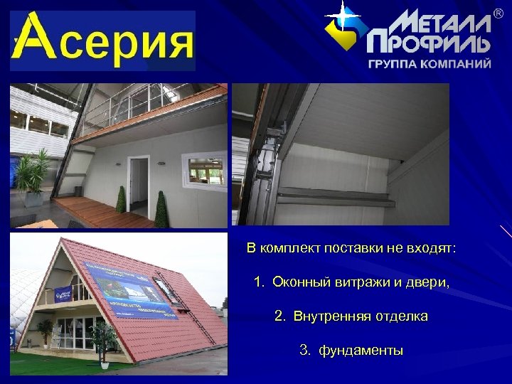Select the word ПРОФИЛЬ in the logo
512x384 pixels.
tap(429, 44)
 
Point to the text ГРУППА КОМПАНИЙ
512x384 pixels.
tap(430, 63)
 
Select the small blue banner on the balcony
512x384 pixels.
tap(63, 293)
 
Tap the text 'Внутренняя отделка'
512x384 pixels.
tap(351, 316)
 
